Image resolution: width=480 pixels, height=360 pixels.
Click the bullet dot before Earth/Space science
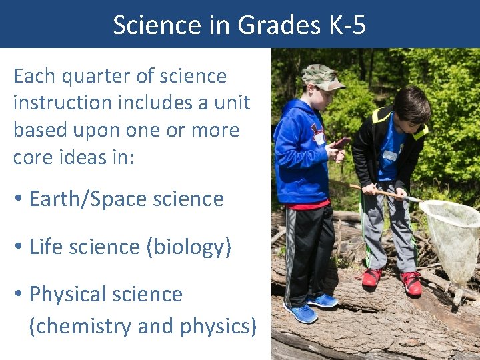[x=19, y=199]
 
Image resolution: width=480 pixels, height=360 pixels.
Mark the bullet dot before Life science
[x=19, y=247]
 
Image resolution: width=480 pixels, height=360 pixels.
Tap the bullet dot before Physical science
[x=19, y=295]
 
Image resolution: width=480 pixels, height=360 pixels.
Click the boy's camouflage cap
[x=321, y=75]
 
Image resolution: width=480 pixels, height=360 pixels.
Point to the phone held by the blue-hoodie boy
[x=341, y=141]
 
